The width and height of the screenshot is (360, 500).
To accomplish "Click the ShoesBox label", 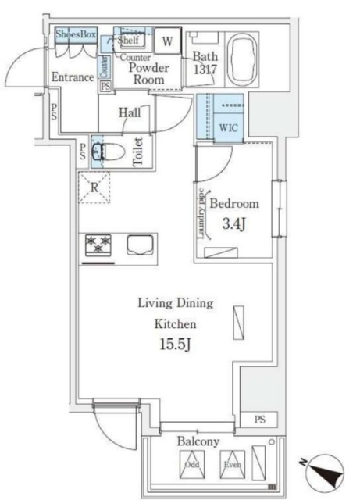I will point(76,34).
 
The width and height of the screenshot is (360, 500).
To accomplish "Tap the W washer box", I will point(169,40).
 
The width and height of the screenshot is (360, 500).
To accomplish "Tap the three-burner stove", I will point(99,246).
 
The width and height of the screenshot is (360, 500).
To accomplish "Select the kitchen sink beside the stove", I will point(140,246).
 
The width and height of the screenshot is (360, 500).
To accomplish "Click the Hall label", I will point(130,112).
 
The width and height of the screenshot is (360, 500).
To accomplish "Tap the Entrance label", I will point(73,77).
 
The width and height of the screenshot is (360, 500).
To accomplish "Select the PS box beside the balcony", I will point(259,420).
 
